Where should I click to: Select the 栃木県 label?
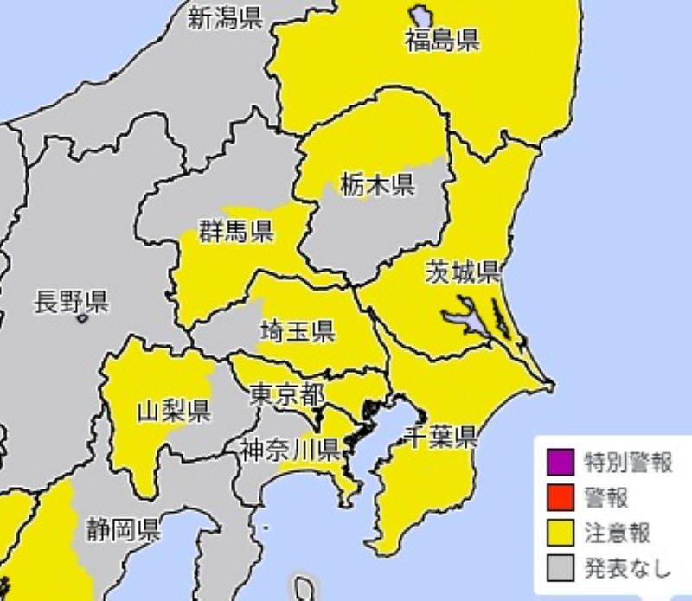[x=377, y=184]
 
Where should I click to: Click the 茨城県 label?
[x=463, y=272]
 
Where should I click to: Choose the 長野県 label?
[x=70, y=302]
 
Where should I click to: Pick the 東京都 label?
[x=287, y=394]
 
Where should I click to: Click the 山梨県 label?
[x=173, y=410]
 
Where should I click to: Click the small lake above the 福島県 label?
[x=422, y=16]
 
